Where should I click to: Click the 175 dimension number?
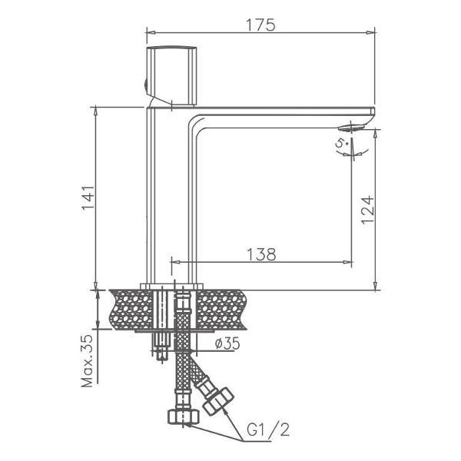point(260,25)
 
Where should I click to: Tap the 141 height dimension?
point(88,197)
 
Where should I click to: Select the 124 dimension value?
point(368,210)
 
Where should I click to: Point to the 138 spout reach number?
point(261,254)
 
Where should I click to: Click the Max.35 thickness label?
point(87,361)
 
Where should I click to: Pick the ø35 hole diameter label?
point(227,343)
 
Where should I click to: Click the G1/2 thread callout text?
point(268,429)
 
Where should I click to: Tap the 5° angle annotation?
point(341,144)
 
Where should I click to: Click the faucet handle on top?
point(171,75)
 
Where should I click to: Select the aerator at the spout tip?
point(351,128)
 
